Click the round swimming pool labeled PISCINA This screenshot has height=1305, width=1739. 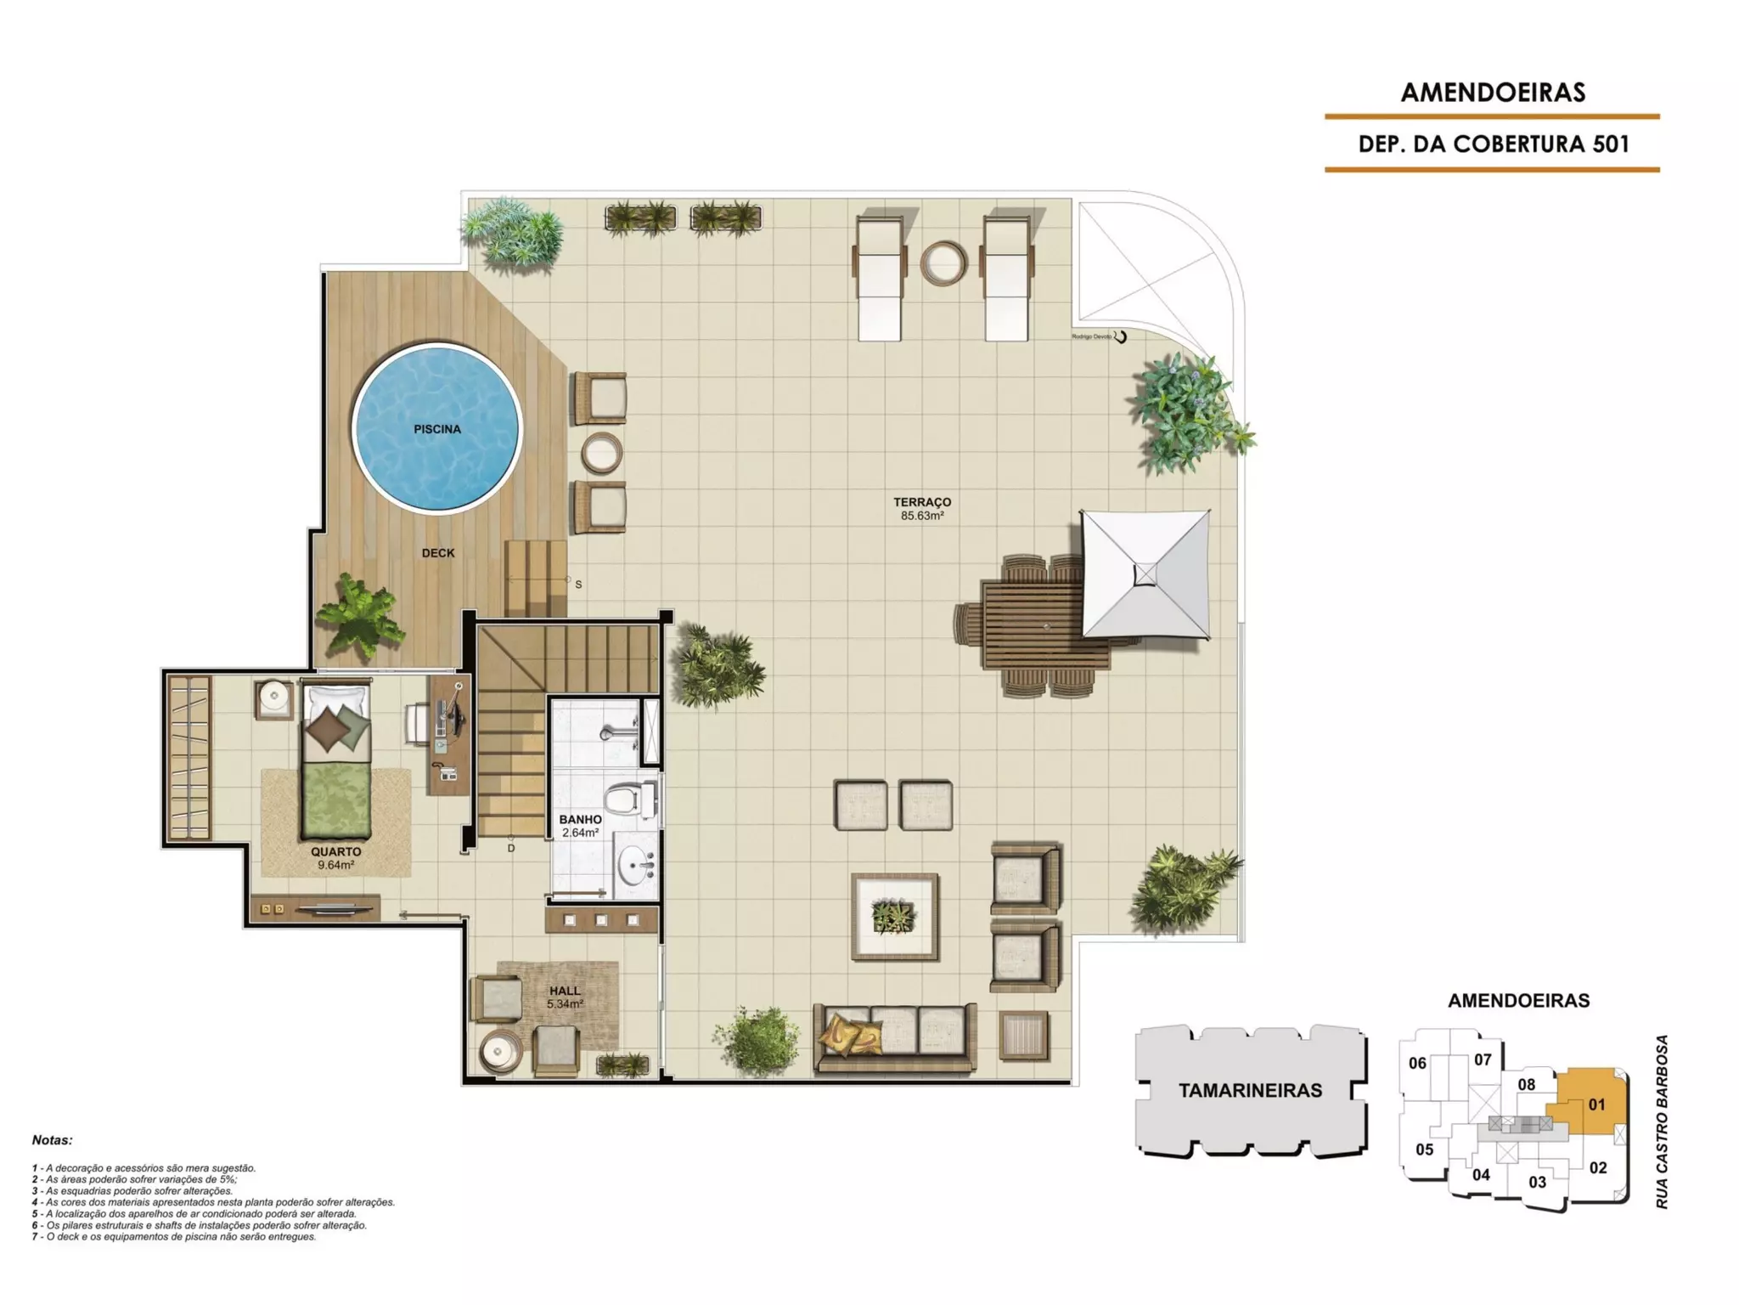coord(436,428)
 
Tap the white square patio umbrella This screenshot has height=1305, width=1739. coord(1145,574)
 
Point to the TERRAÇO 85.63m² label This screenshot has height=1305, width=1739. coord(922,509)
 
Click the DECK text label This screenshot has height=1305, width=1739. coord(438,553)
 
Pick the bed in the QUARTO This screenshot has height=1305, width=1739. coord(336,760)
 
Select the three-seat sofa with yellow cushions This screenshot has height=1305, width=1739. coord(895,1037)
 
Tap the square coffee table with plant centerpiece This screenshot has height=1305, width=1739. coord(895,917)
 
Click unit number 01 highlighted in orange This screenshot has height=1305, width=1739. coord(1597,1104)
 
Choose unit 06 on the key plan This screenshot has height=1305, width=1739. coord(1417,1063)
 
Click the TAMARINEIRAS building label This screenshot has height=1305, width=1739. coord(1250,1091)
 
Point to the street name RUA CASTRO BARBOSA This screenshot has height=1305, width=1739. coord(1662,1121)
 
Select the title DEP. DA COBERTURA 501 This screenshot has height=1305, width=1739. coord(1494,144)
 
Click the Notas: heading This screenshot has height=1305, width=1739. coord(53,1140)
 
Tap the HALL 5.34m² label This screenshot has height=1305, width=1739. coord(565,997)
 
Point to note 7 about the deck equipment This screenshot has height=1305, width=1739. coord(174,1237)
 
